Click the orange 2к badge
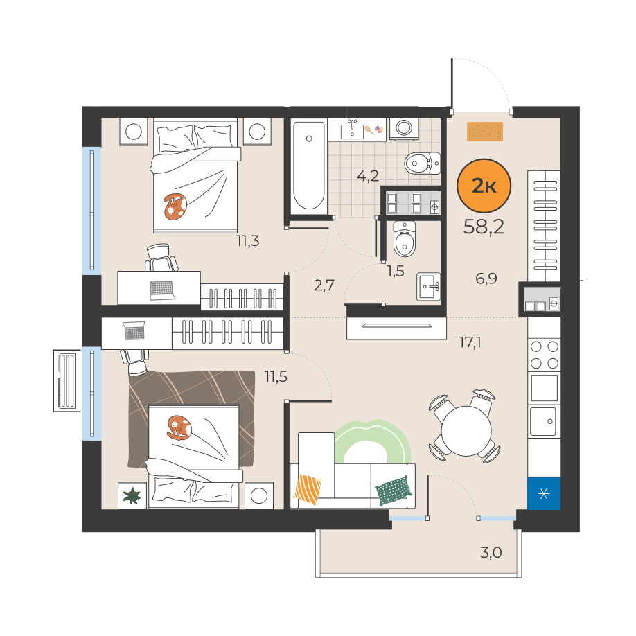point(484,186)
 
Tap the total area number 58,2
point(484,227)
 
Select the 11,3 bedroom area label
point(248,241)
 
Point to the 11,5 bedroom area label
point(276,377)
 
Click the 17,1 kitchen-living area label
point(470,343)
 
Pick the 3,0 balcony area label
point(491,552)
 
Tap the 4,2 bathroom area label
point(367,176)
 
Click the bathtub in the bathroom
point(309,166)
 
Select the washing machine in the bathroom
point(404,129)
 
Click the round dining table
point(466,430)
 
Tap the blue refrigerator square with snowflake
point(544,493)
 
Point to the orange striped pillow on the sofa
point(308,489)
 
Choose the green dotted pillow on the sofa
point(392,491)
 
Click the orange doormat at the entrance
point(485,132)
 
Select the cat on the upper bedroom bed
point(175,206)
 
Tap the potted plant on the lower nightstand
point(132,495)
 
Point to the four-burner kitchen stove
point(544,355)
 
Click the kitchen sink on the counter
point(543,421)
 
